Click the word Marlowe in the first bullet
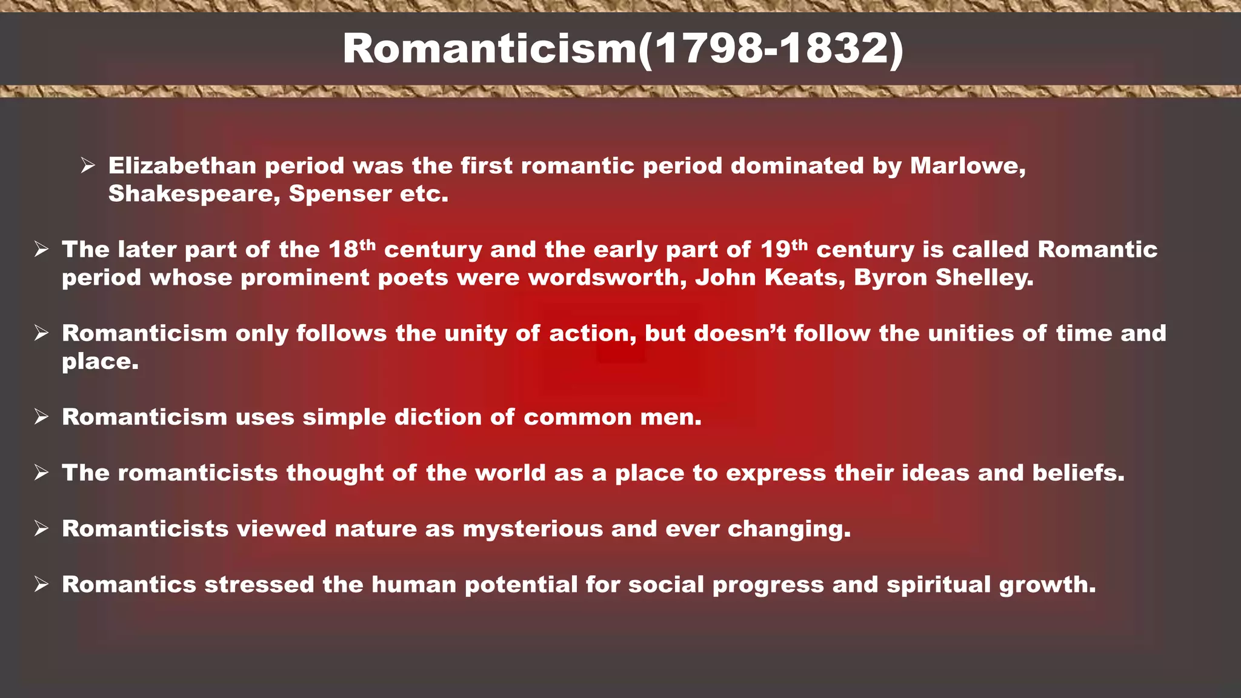click(967, 166)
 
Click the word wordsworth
click(607, 278)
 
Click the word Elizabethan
click(182, 166)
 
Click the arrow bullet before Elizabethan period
click(88, 165)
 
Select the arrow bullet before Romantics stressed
click(41, 585)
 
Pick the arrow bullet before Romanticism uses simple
click(41, 417)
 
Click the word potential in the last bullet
click(521, 585)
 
